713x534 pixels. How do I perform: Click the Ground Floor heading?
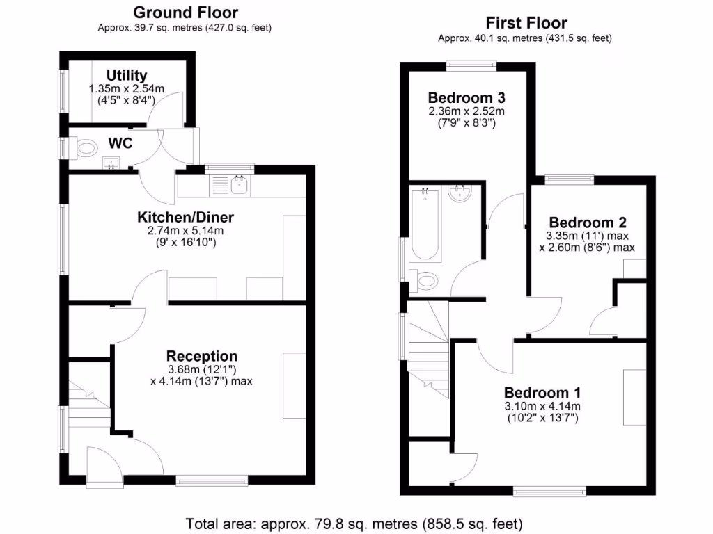coord(185,13)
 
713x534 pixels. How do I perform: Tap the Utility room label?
coord(126,75)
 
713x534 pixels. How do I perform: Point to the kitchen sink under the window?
coord(240,184)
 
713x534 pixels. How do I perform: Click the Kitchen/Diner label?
coord(185,217)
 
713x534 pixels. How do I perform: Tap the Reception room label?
coord(202,357)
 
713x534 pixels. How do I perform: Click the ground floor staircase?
coord(88,407)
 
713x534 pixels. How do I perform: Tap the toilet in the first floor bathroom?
coord(425,280)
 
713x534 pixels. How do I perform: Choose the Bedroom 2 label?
coord(588,222)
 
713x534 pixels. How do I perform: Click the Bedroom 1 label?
coord(543,391)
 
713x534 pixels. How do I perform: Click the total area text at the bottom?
coord(354,523)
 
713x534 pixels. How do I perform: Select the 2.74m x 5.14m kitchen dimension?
coord(185,231)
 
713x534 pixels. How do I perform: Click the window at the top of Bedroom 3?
coord(471,67)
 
